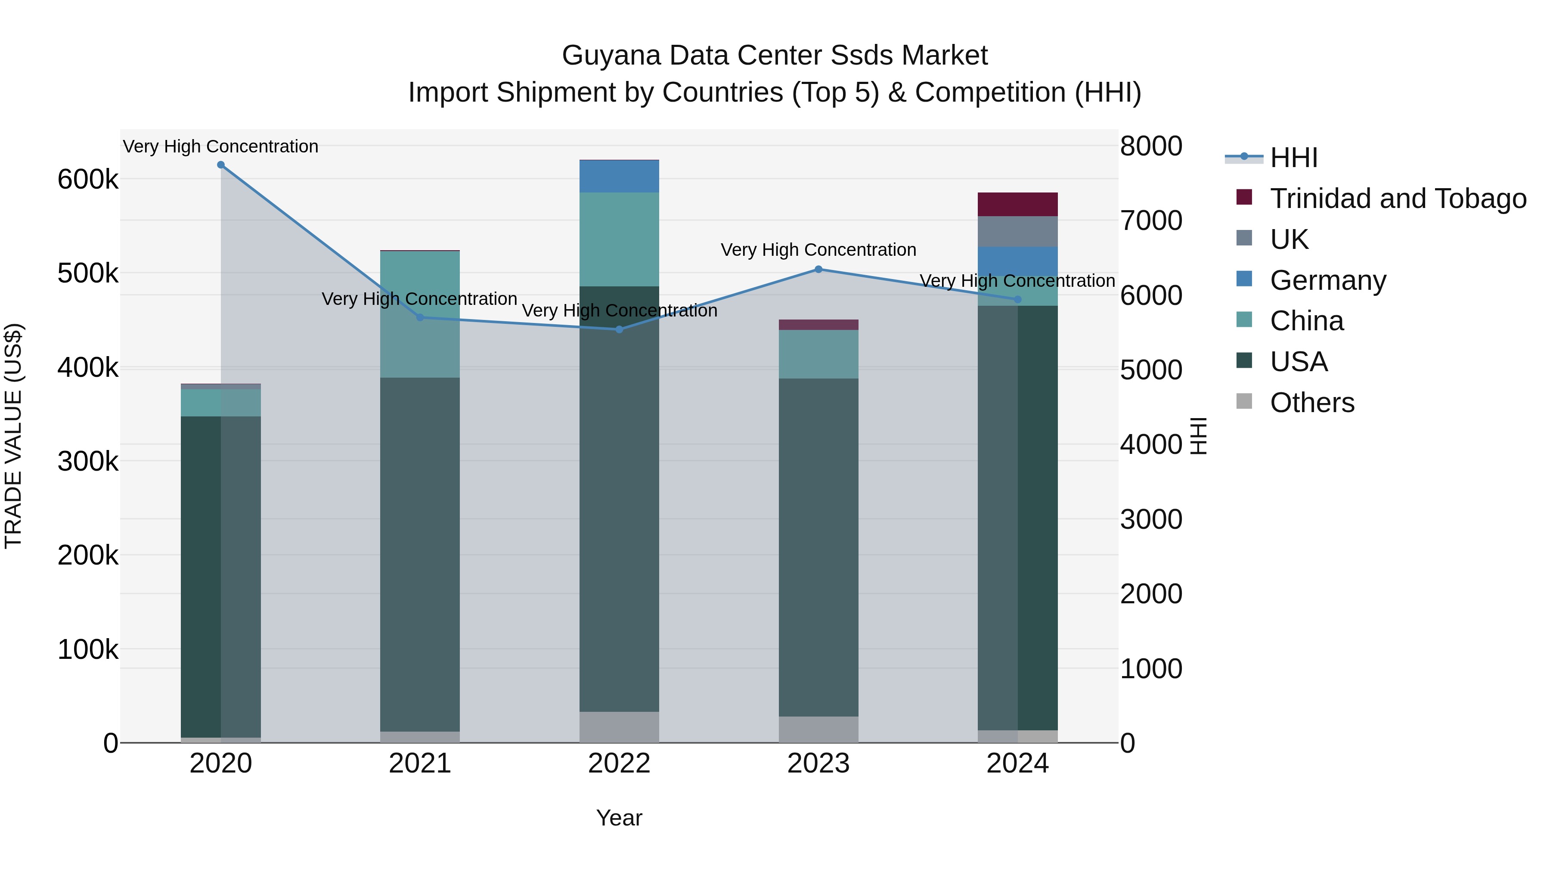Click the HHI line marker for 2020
click(x=221, y=165)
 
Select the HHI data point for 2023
click(x=818, y=270)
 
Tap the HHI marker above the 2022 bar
click(x=619, y=329)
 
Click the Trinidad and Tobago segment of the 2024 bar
click(x=1017, y=205)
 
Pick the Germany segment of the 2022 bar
click(x=619, y=176)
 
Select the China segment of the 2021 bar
click(x=420, y=314)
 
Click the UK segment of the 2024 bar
click(x=1017, y=232)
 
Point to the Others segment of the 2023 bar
click(x=818, y=729)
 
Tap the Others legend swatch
click(x=1244, y=401)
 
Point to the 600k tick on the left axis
click(x=88, y=179)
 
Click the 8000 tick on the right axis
click(x=1150, y=146)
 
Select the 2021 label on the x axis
click(x=420, y=763)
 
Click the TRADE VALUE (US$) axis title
click(x=13, y=436)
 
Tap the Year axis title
click(x=619, y=818)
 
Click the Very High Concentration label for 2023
click(x=818, y=250)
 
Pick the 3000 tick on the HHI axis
click(x=1150, y=519)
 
